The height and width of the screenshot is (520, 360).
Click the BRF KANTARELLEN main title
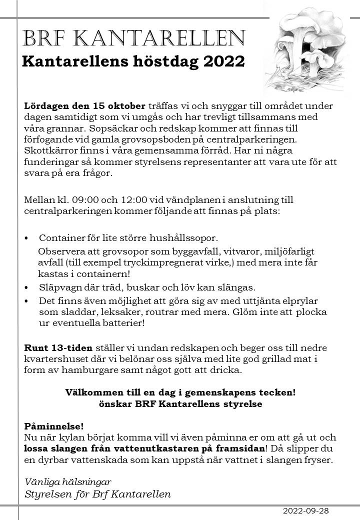134,38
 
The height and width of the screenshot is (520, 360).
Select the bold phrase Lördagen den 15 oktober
84,106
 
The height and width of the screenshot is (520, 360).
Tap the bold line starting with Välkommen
180,392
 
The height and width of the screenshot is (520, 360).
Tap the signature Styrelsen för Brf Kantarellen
97,494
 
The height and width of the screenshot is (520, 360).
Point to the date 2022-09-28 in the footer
306,511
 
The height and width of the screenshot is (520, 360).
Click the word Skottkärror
48,150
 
